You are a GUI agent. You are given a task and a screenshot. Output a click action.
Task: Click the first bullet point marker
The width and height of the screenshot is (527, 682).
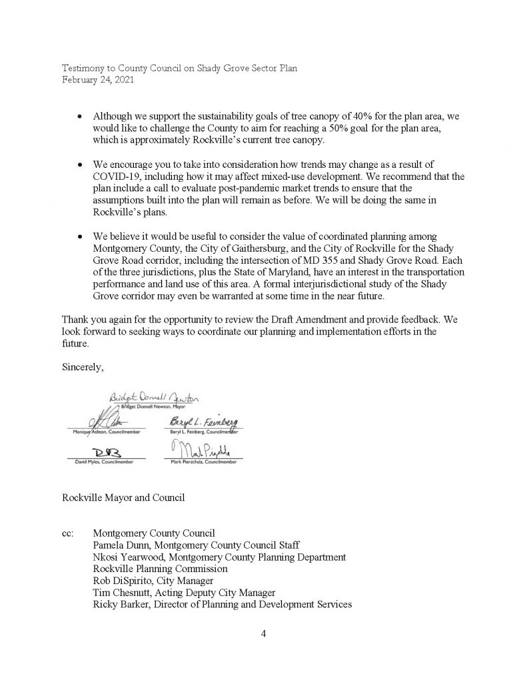click(x=80, y=117)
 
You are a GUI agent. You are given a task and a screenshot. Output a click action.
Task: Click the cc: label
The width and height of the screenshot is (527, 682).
click(x=68, y=533)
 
